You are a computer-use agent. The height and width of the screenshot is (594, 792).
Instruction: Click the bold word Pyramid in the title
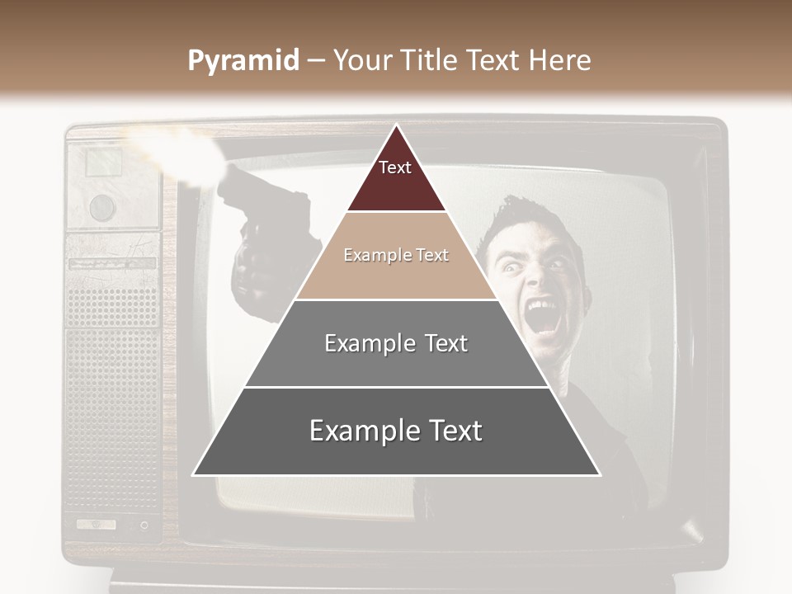point(243,60)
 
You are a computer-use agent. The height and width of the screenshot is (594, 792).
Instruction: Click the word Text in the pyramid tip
point(395,167)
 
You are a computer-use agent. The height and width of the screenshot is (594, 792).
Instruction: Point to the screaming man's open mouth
point(543,316)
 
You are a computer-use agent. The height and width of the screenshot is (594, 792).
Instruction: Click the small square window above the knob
point(104,161)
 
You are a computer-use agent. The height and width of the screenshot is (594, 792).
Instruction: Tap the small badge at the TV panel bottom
point(96,524)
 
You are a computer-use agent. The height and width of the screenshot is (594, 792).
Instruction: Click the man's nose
point(537,280)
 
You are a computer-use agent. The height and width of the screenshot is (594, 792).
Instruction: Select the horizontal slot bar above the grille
point(112,263)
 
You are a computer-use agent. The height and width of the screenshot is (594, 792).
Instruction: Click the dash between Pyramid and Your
point(316,61)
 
